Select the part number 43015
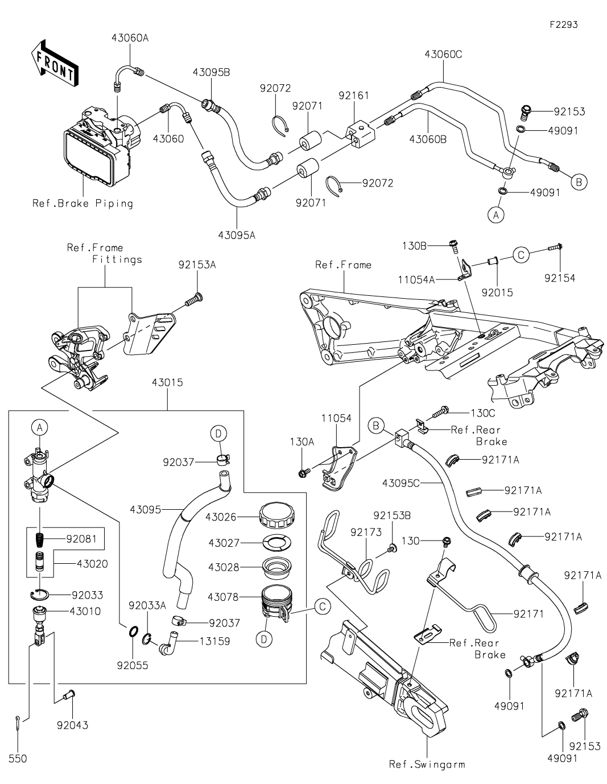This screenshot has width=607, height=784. coord(167,383)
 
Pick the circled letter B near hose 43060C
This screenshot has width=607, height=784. coord(579,182)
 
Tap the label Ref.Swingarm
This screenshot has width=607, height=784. coord(427,764)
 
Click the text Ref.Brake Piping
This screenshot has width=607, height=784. coord(82,203)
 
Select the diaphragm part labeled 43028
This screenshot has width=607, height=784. coord(276,567)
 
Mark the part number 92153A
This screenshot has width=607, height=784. coord(197,265)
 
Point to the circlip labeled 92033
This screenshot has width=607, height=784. coord(39,595)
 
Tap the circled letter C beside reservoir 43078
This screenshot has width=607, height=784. coord(322,606)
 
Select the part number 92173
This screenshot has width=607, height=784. coord(366,532)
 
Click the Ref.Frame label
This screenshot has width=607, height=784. coord(343,265)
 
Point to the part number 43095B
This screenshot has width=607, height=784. coord(211,73)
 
